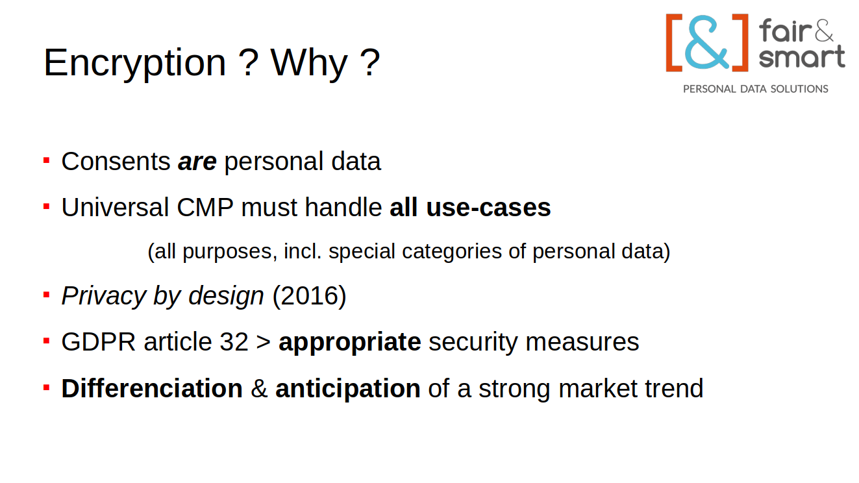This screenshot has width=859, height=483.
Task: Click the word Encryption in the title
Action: [134, 64]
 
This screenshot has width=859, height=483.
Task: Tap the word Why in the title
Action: [309, 64]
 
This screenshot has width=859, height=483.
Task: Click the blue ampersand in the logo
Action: [706, 42]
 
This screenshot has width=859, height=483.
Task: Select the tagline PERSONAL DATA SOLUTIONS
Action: [756, 89]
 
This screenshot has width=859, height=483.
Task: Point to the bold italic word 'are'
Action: [197, 162]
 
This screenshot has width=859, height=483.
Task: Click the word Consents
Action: [116, 161]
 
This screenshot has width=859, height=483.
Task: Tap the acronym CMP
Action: [205, 207]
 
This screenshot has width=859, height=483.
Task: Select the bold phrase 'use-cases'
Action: [488, 207]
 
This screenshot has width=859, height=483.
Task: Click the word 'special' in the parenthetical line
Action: [362, 252]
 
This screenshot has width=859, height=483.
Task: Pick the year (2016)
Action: [309, 296]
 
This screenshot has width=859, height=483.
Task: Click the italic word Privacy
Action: [104, 296]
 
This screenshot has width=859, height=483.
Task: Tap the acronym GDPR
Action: [99, 342]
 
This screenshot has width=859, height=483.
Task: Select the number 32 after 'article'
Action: [234, 342]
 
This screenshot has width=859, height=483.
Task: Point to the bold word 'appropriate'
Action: [350, 342]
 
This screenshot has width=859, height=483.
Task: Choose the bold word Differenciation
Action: [152, 388]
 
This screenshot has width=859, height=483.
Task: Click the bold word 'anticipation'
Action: [348, 389]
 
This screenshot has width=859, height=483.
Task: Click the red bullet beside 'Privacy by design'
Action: [46, 295]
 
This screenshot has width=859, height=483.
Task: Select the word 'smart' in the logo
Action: [802, 57]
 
